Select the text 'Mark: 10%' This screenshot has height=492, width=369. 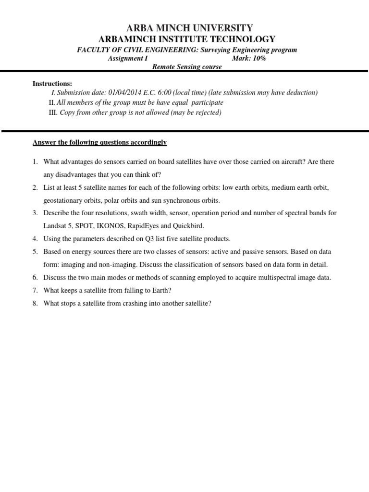[x=248, y=59]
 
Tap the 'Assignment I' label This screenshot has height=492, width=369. [x=128, y=59]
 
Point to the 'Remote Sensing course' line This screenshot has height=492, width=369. [x=187, y=67]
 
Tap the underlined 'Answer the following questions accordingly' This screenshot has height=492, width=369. [x=99, y=143]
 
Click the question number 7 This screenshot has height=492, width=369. [x=35, y=291]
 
